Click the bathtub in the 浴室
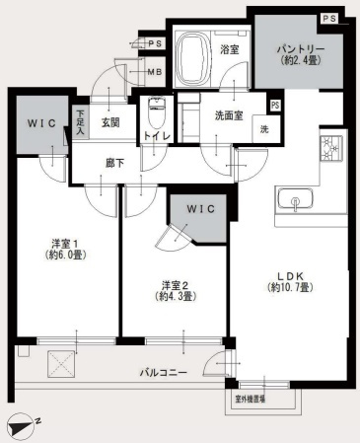(x=192, y=59)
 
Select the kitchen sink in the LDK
(x=295, y=199)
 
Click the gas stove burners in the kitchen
(x=331, y=148)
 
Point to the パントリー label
(x=301, y=49)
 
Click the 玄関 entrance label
(x=110, y=122)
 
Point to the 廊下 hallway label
(x=114, y=163)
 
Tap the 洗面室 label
(x=229, y=115)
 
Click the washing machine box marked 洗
(x=265, y=129)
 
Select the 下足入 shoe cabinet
(x=81, y=122)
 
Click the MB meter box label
(x=155, y=72)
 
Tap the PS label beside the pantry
(x=329, y=19)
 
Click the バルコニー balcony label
(x=164, y=373)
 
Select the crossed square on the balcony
(x=62, y=364)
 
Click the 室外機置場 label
(x=251, y=400)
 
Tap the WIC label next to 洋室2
(x=201, y=209)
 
